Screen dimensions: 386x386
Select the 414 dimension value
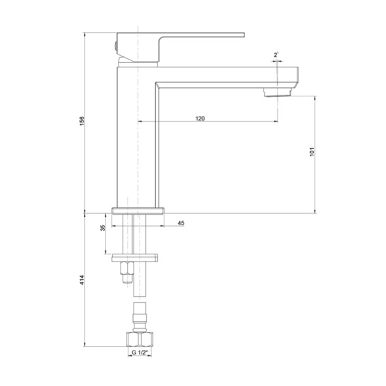click(82, 280)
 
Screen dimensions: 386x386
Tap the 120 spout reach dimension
click(201, 118)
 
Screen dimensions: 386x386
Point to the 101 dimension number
click(312, 151)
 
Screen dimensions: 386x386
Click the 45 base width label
click(181, 223)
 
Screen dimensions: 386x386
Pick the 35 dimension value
click(102, 228)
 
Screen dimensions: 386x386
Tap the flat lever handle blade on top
click(197, 35)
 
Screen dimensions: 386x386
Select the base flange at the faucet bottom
click(138, 211)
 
